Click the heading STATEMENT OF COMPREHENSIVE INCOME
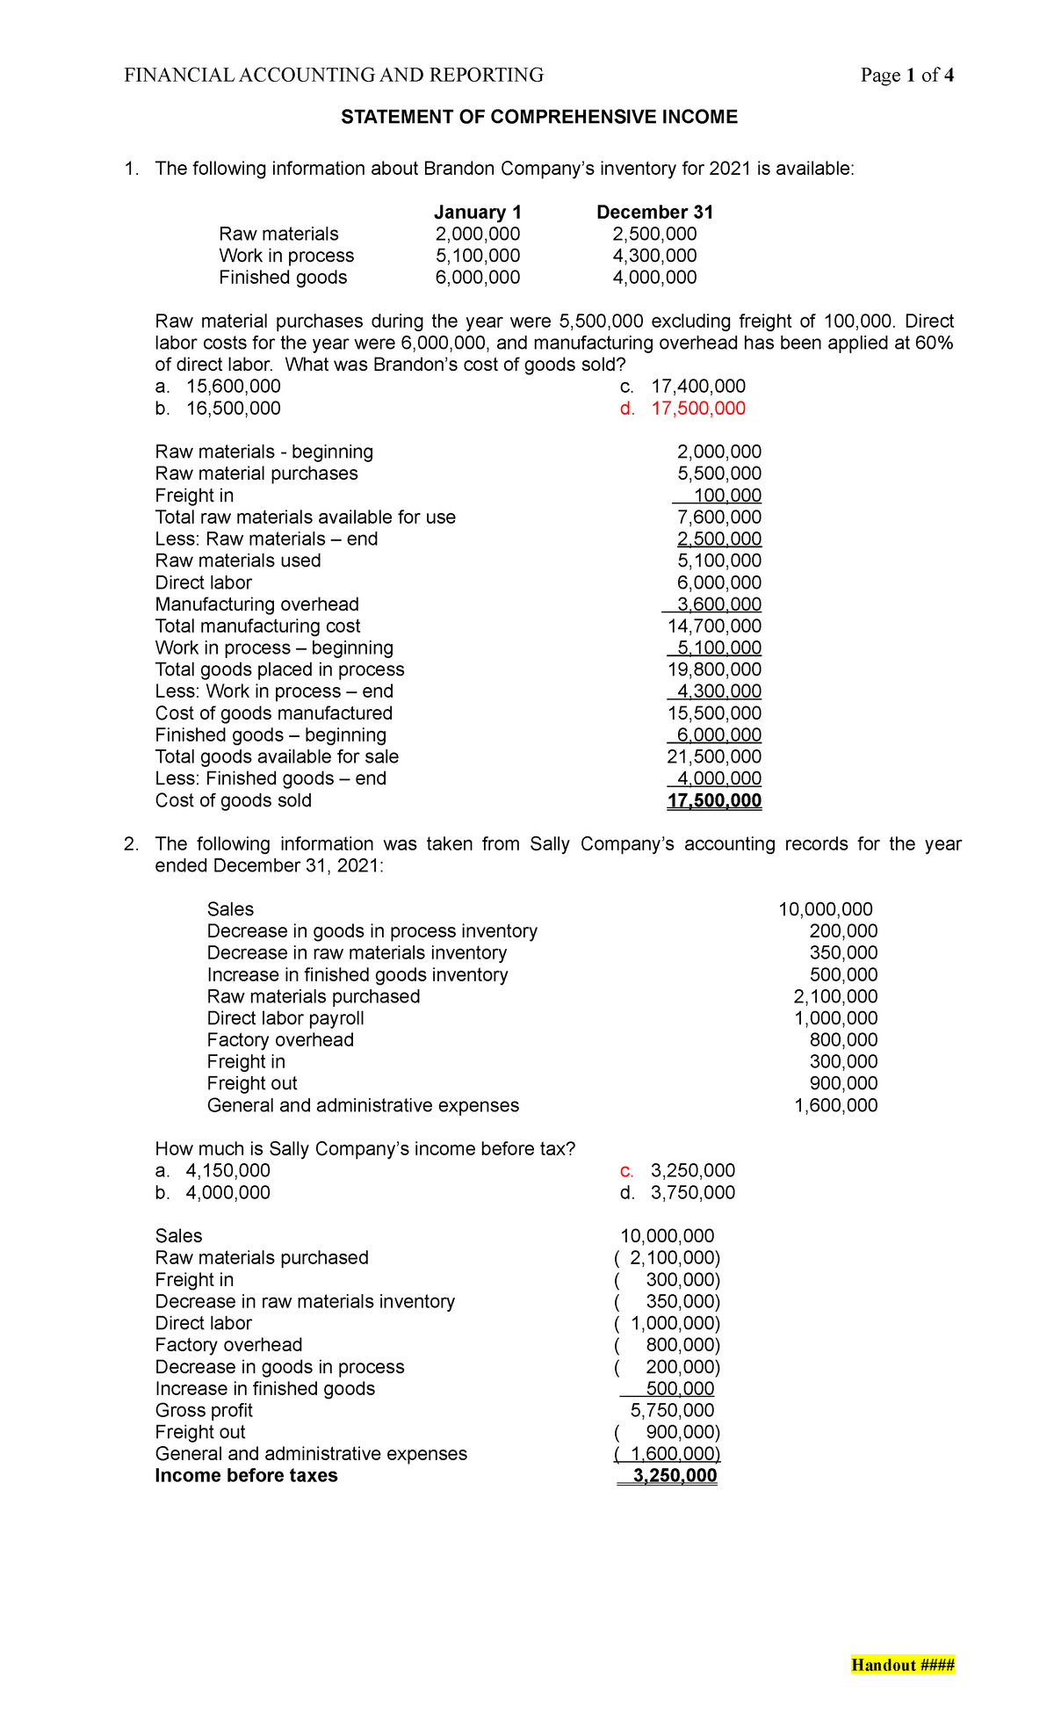pyautogui.click(x=539, y=117)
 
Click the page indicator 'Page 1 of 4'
pyautogui.click(x=906, y=76)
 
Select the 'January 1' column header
pyautogui.click(x=478, y=212)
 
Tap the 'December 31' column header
pyautogui.click(x=654, y=212)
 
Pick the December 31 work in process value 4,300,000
pyautogui.click(x=654, y=256)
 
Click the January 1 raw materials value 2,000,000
pyautogui.click(x=478, y=234)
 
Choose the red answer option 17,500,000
pyautogui.click(x=697, y=409)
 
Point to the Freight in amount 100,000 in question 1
pyautogui.click(x=727, y=495)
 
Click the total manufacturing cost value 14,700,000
pyautogui.click(x=714, y=626)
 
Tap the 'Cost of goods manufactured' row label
pyautogui.click(x=273, y=713)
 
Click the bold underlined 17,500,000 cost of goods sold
pyautogui.click(x=714, y=800)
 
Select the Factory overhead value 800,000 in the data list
pyautogui.click(x=843, y=1040)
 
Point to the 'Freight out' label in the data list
pyautogui.click(x=252, y=1083)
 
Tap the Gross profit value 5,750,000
pyautogui.click(x=672, y=1410)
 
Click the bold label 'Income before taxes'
pyautogui.click(x=246, y=1475)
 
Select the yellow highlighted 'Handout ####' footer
pyautogui.click(x=902, y=1665)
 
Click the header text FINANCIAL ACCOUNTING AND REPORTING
pyautogui.click(x=334, y=76)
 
